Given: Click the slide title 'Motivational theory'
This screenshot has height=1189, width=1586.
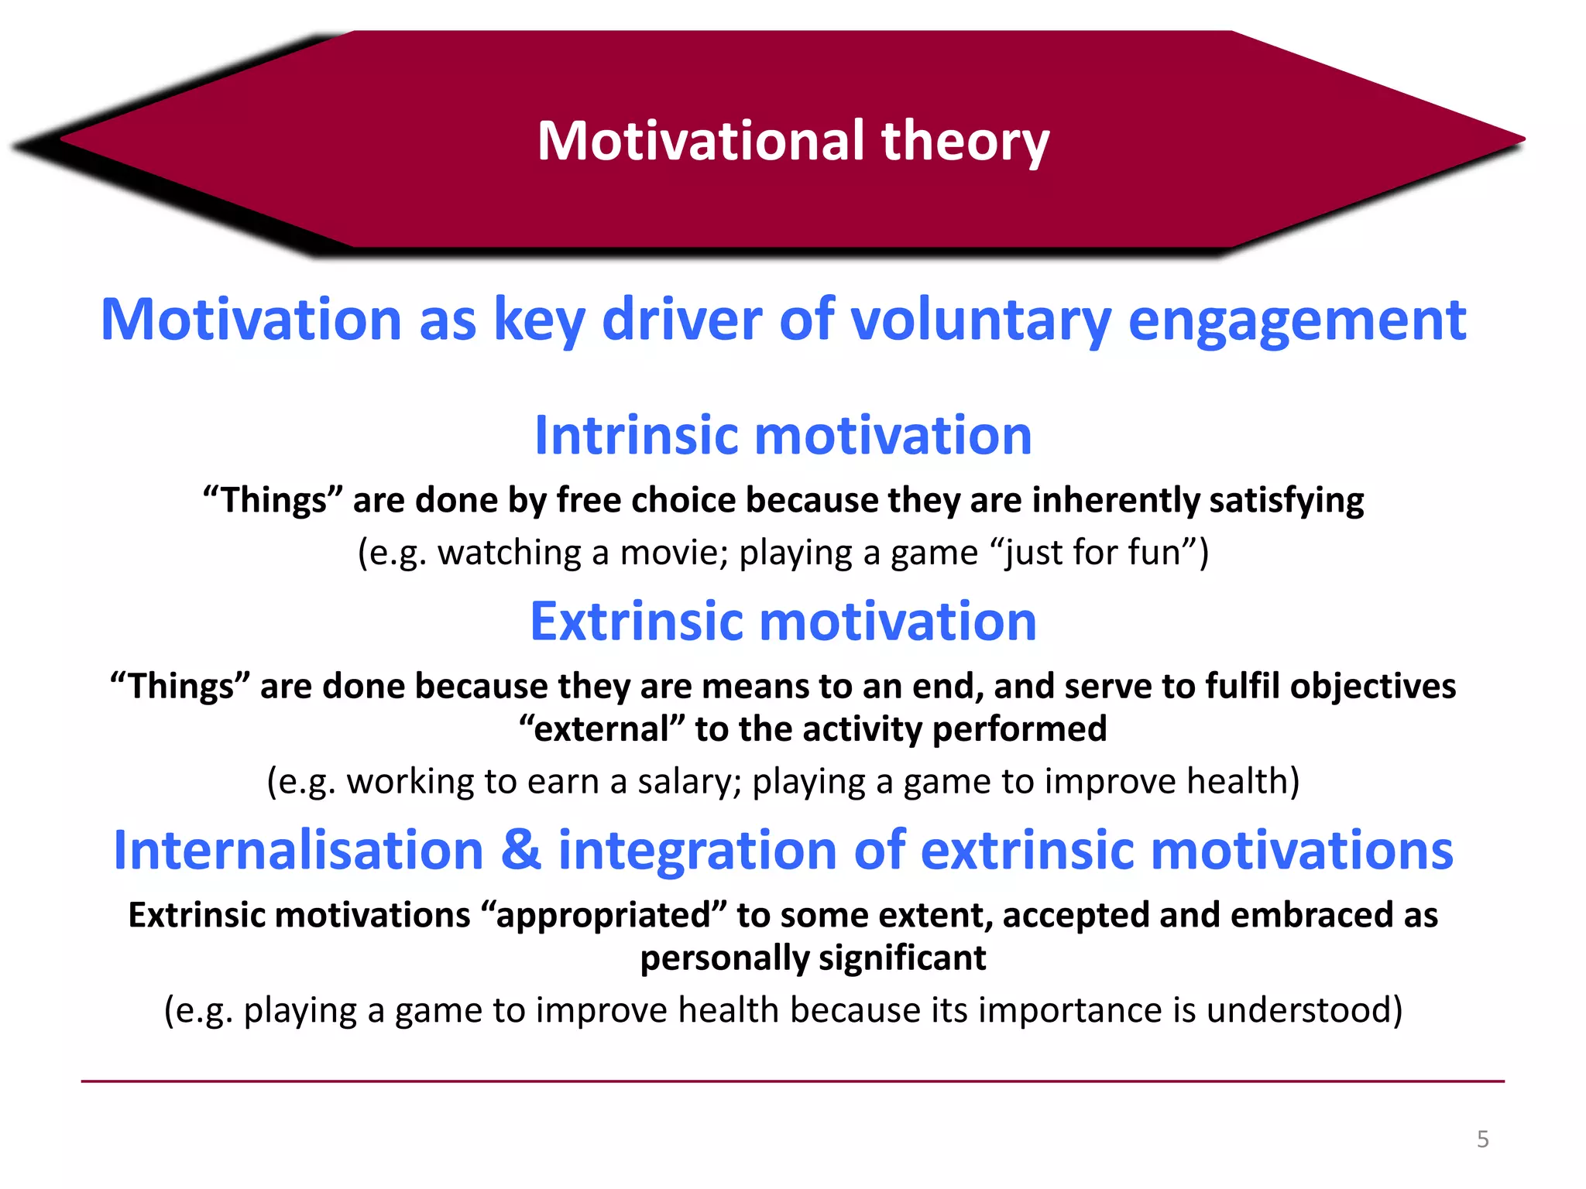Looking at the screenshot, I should click(x=793, y=141).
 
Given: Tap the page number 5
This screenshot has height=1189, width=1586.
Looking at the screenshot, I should click(x=1482, y=1139).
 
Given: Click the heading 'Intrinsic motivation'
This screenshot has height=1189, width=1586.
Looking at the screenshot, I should click(x=783, y=435).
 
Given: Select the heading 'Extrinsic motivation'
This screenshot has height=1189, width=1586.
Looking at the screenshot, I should click(x=783, y=622).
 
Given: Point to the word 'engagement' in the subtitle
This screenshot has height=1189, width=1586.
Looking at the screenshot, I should click(x=1296, y=320).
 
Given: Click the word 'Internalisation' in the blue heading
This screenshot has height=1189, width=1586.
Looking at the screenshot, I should click(x=298, y=850).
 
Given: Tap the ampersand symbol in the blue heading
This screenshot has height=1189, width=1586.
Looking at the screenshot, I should click(x=520, y=850).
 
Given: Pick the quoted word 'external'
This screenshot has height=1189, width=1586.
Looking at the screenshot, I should click(x=602, y=729).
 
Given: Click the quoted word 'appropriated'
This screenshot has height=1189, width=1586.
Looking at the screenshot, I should click(x=603, y=915).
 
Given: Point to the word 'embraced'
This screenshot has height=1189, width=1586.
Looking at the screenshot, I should click(x=1312, y=915).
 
